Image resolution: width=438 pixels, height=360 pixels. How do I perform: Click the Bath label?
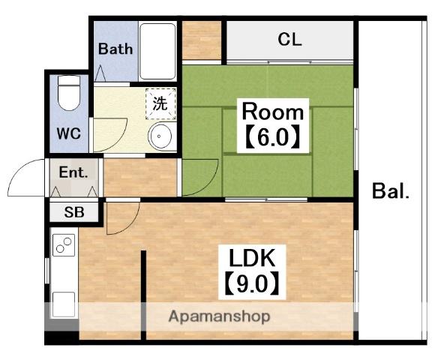tap(115, 49)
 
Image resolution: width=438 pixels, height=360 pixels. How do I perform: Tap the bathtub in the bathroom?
tap(157, 52)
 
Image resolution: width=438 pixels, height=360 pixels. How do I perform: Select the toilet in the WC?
tap(69, 93)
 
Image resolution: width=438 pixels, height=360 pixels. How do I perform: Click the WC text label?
tap(69, 133)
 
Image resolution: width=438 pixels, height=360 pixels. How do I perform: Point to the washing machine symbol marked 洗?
tap(160, 104)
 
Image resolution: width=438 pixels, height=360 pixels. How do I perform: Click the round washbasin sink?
tap(160, 136)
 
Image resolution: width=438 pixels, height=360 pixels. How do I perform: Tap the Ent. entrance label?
tap(73, 172)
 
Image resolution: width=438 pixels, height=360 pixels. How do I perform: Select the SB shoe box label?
tap(74, 212)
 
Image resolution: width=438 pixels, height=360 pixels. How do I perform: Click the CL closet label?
tap(289, 40)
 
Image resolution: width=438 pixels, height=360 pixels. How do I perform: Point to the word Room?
tap(273, 112)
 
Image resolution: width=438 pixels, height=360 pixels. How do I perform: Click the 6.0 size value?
tap(273, 137)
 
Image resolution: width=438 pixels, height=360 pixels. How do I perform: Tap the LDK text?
tap(252, 258)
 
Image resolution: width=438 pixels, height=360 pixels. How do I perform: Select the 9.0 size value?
tap(252, 283)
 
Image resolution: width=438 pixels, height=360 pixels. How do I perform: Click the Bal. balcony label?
tap(391, 191)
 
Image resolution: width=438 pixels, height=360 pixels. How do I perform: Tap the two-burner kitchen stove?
tap(64, 245)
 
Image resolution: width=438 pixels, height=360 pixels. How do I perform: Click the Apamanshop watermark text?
tap(220, 317)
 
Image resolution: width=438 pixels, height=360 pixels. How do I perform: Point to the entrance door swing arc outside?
tap(16, 169)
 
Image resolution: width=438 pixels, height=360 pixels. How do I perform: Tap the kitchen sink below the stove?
tap(64, 304)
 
